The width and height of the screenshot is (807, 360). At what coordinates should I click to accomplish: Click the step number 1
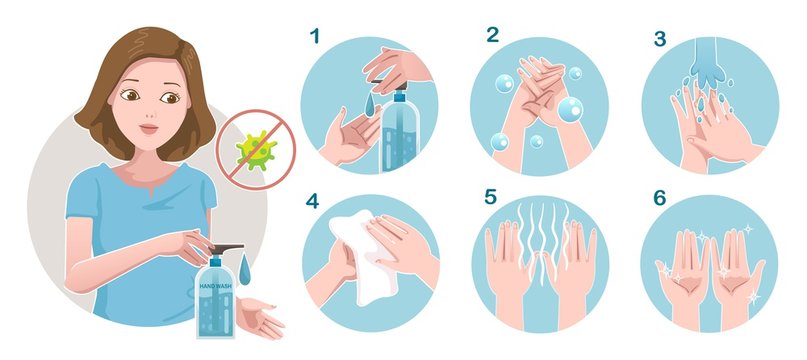pyautogui.click(x=316, y=37)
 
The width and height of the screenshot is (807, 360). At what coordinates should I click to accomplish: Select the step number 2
pyautogui.click(x=492, y=35)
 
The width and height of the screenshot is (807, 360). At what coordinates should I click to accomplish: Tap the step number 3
pyautogui.click(x=661, y=37)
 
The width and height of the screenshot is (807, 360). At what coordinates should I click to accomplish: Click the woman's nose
pyautogui.click(x=147, y=112)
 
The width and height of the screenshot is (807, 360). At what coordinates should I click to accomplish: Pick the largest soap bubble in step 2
pyautogui.click(x=570, y=109)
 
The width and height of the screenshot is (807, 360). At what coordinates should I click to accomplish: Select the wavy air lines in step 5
pyautogui.click(x=540, y=240)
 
